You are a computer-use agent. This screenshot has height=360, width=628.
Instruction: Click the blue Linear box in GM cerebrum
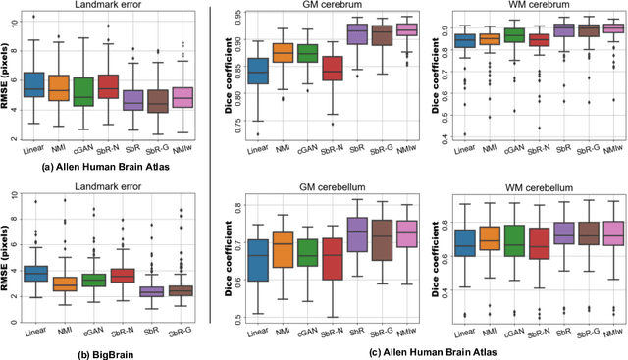pyautogui.click(x=259, y=72)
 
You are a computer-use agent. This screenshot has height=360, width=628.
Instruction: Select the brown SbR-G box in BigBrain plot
pyautogui.click(x=181, y=290)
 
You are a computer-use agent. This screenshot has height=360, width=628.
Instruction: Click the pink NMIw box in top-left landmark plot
pyautogui.click(x=183, y=96)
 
